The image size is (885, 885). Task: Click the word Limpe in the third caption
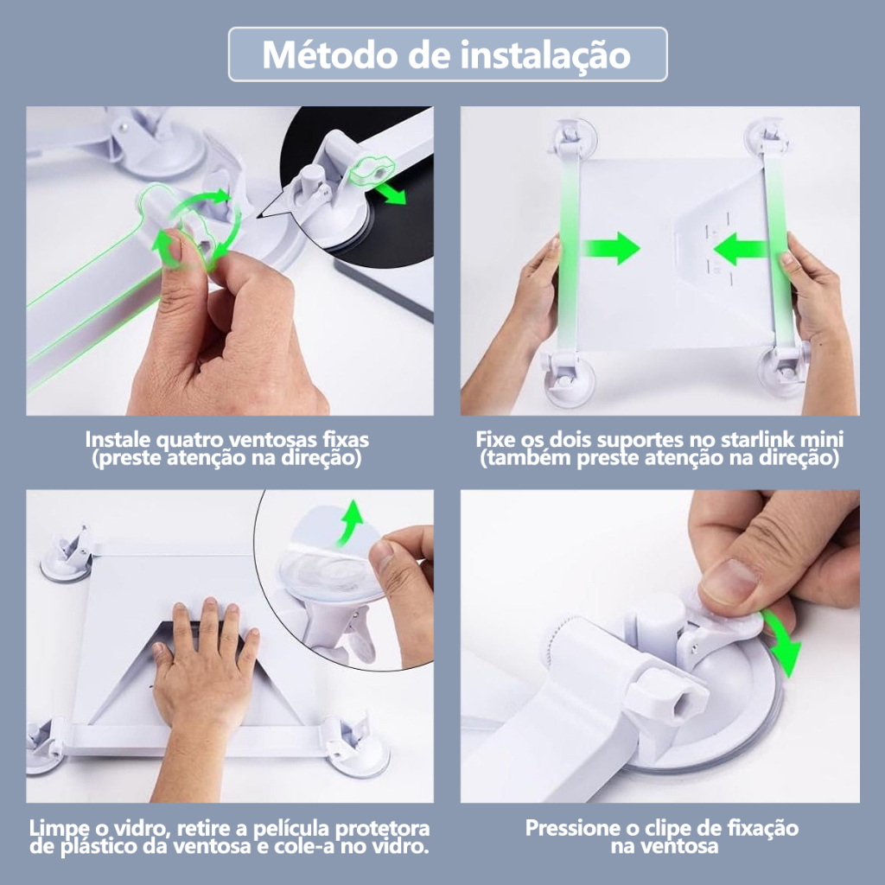click(x=57, y=829)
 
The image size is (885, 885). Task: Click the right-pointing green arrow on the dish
click(x=612, y=248)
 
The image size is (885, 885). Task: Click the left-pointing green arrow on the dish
click(x=741, y=249)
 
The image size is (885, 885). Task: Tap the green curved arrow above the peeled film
click(x=350, y=522)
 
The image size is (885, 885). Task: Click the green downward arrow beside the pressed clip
click(x=783, y=645)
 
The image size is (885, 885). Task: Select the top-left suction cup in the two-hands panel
click(x=572, y=139)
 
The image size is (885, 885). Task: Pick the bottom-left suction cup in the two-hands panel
click(x=567, y=378)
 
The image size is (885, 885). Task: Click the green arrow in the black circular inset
click(x=391, y=193)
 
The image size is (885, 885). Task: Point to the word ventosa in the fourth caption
click(x=665, y=846)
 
